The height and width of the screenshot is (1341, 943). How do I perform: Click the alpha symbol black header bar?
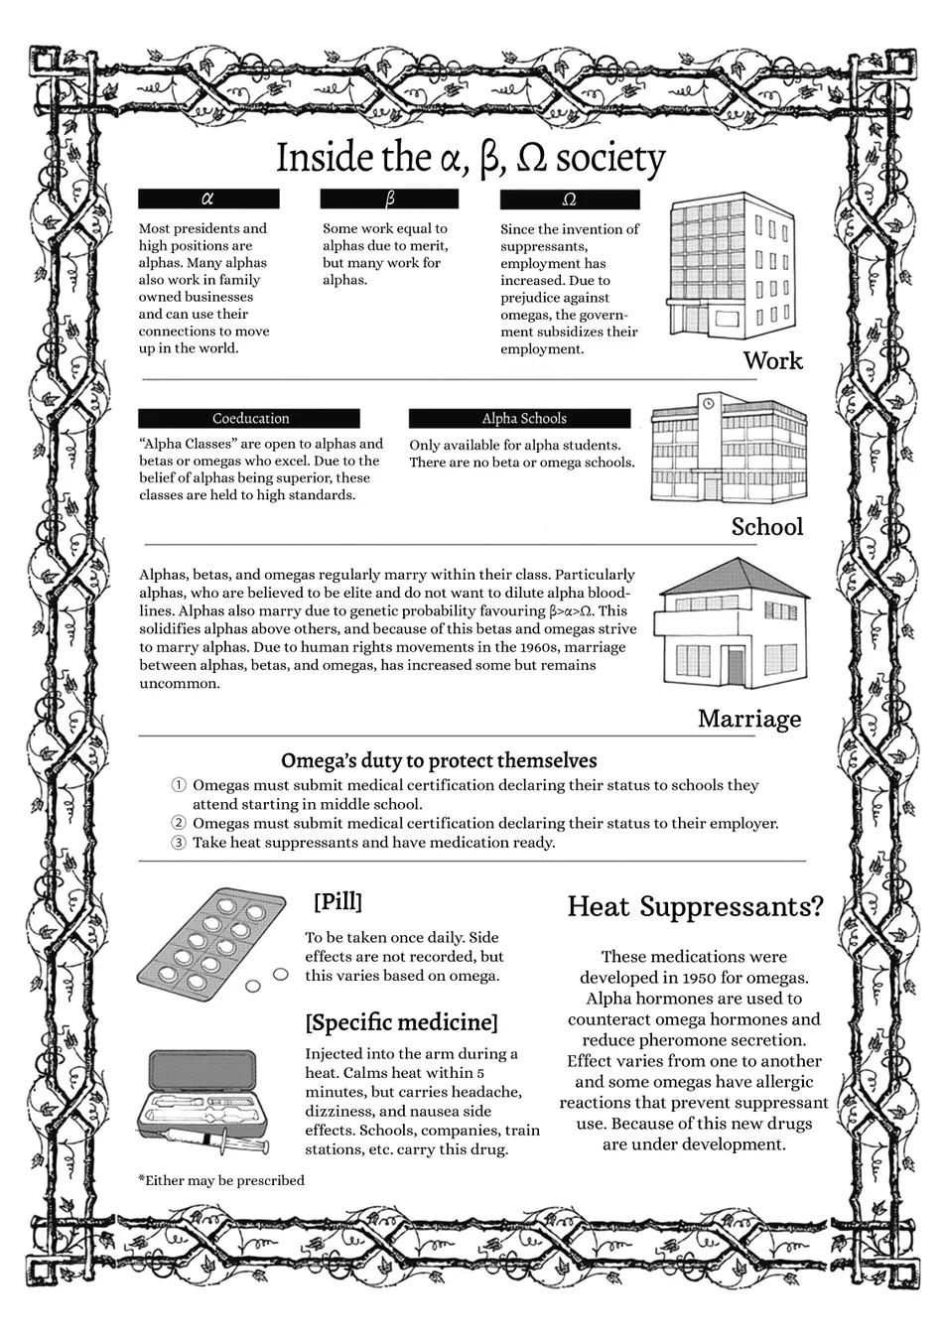208,199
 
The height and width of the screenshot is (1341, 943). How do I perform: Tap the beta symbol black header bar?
389,199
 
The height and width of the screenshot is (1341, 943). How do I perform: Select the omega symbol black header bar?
570,200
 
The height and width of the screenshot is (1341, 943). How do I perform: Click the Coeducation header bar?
250,418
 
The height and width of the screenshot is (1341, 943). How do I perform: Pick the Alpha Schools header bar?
519,418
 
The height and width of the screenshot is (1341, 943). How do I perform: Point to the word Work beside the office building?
772,360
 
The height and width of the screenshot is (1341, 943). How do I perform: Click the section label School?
766,526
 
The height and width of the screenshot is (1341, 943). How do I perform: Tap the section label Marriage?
748,718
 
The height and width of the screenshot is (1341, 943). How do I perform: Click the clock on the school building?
709,403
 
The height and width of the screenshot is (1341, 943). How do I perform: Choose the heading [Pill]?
337,901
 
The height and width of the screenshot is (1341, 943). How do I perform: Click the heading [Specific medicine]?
401,1021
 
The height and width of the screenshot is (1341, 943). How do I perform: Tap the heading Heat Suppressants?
695,906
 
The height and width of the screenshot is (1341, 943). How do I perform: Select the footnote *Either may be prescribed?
221,1180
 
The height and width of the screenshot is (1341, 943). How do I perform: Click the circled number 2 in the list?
179,823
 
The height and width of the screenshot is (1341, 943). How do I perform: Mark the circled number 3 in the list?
179,843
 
